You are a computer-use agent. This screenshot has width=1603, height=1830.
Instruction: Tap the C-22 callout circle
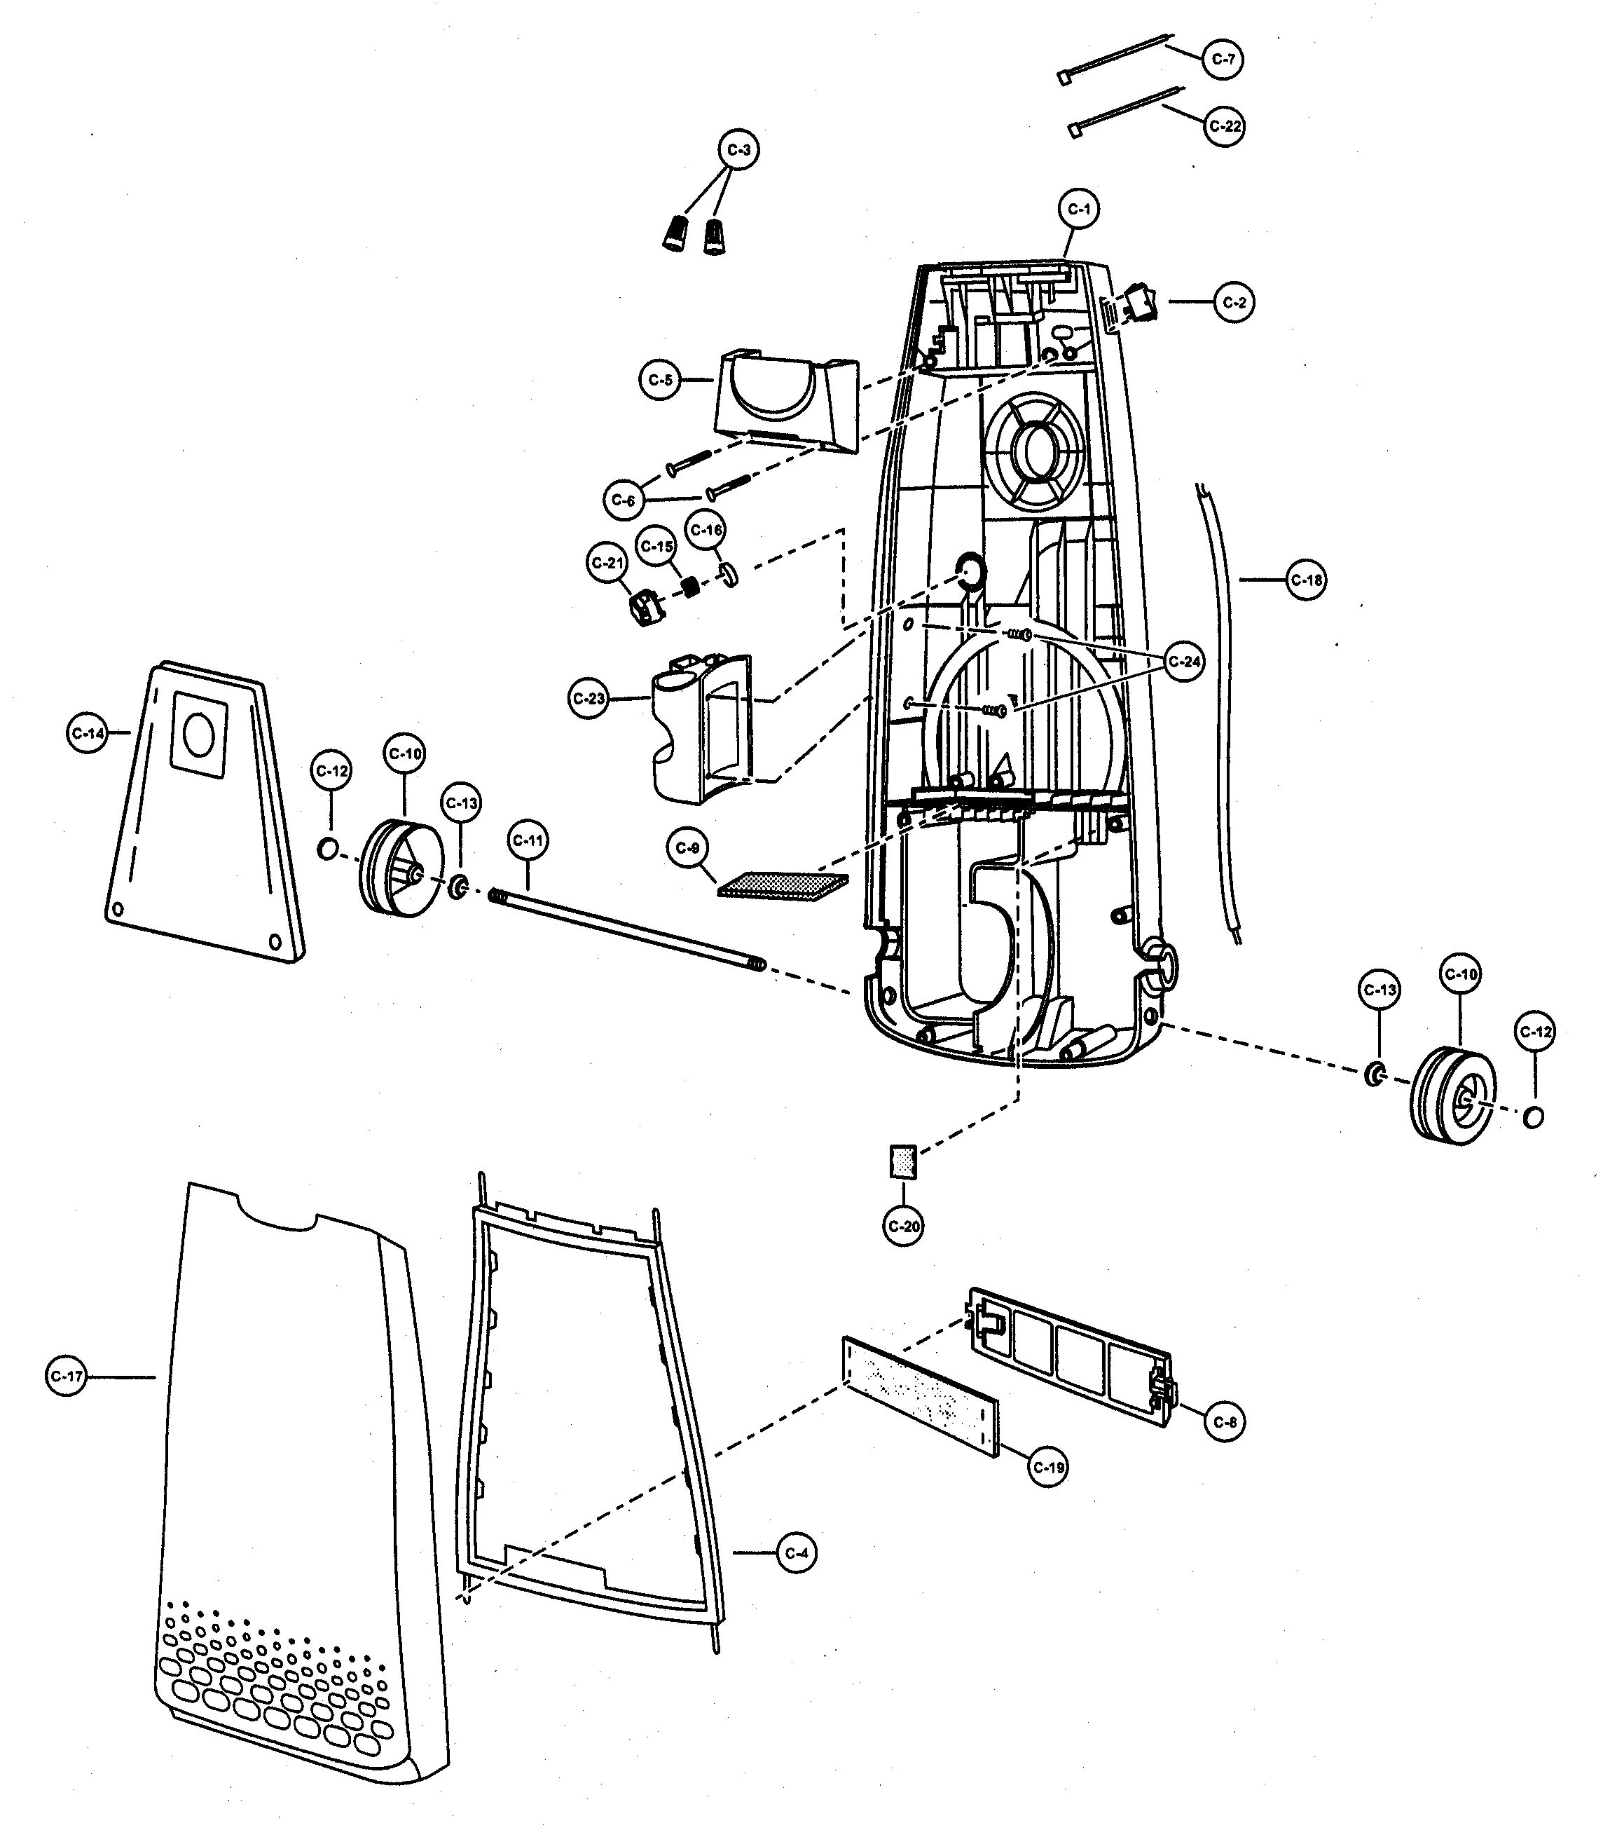(1224, 126)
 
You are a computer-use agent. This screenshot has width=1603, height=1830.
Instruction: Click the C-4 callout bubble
(795, 1552)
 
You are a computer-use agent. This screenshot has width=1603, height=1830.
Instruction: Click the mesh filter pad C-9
(783, 886)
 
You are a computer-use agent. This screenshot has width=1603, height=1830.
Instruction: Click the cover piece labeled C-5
(785, 402)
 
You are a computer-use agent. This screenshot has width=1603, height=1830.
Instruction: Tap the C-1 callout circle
(1079, 210)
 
